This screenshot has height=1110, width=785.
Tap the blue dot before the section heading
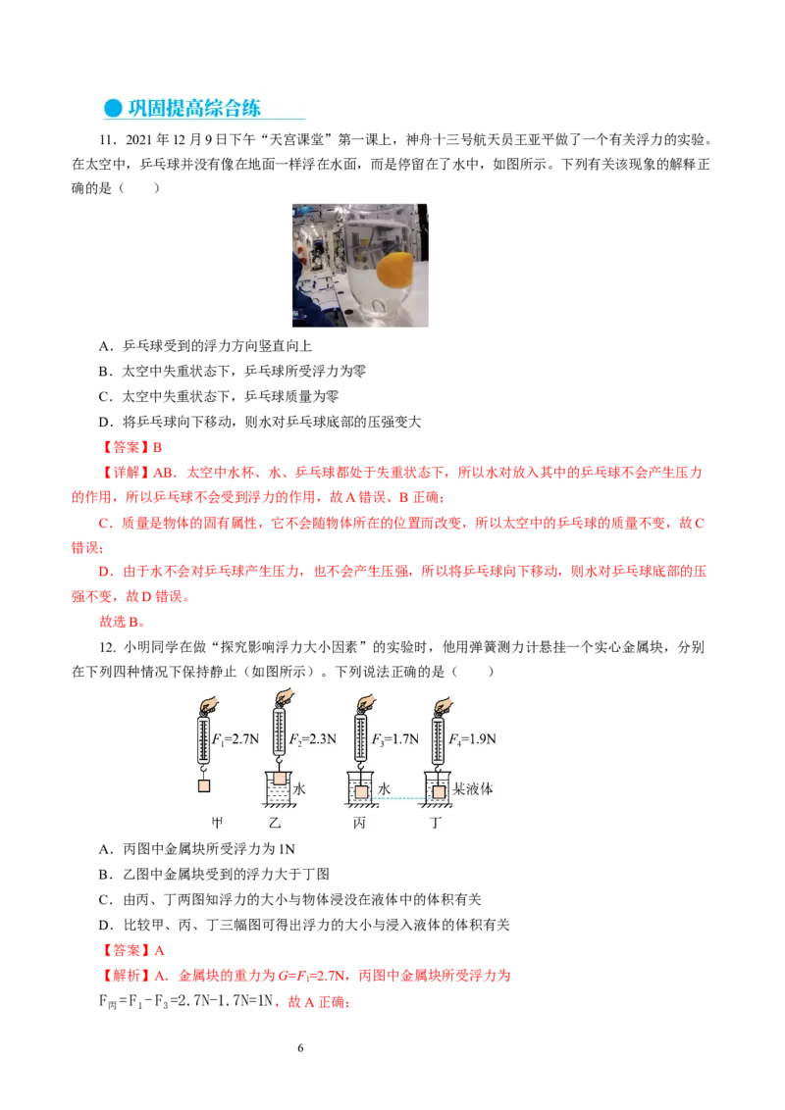(114, 108)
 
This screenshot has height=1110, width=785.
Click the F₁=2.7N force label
(235, 739)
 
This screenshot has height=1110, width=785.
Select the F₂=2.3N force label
(312, 739)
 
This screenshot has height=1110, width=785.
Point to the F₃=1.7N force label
(395, 739)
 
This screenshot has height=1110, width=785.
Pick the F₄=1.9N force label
(473, 739)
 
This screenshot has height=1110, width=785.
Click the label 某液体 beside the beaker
(473, 788)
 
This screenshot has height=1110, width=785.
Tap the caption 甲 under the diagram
(218, 823)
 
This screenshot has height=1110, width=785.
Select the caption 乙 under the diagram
(275, 823)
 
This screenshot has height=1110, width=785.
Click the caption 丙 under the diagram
(359, 823)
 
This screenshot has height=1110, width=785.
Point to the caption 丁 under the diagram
(436, 823)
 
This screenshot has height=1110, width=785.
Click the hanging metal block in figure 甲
(204, 785)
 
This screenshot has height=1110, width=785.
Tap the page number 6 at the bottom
(300, 1047)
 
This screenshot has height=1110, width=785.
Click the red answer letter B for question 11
(157, 447)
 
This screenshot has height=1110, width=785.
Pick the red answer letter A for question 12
(159, 951)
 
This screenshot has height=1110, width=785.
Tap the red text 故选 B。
(123, 623)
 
